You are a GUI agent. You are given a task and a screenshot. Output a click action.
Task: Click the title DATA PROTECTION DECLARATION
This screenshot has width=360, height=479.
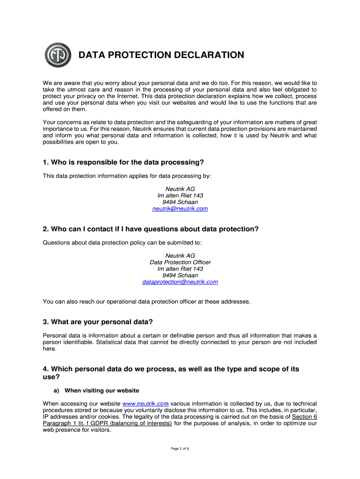(161, 55)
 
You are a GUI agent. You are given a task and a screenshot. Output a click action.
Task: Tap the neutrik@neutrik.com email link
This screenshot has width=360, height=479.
(180, 209)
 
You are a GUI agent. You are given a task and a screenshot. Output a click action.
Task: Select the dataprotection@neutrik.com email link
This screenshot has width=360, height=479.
(180, 282)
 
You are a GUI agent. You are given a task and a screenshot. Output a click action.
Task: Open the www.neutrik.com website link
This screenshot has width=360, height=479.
(145, 404)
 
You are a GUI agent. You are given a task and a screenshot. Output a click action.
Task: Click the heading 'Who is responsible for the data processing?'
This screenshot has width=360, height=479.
(123, 162)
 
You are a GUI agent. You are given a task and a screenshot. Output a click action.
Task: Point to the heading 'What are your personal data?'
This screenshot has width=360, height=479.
(98, 322)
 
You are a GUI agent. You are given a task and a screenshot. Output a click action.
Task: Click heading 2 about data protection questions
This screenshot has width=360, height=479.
(151, 229)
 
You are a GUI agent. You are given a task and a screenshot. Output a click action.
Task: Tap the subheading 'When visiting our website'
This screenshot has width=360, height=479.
(101, 391)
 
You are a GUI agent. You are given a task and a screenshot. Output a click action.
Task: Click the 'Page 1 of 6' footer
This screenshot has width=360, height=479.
(180, 449)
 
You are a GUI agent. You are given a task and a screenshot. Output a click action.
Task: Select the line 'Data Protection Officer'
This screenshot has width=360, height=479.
(180, 262)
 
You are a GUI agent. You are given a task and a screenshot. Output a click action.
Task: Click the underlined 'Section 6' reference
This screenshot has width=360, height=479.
(304, 417)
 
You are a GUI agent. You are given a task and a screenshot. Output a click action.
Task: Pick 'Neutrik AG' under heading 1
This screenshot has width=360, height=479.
(180, 189)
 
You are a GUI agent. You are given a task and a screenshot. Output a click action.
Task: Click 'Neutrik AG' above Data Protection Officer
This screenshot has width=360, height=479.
(180, 256)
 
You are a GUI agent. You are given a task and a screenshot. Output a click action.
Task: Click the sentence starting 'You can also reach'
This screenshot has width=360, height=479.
(146, 302)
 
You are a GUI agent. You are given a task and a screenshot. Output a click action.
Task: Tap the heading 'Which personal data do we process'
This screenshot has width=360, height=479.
(171, 369)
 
